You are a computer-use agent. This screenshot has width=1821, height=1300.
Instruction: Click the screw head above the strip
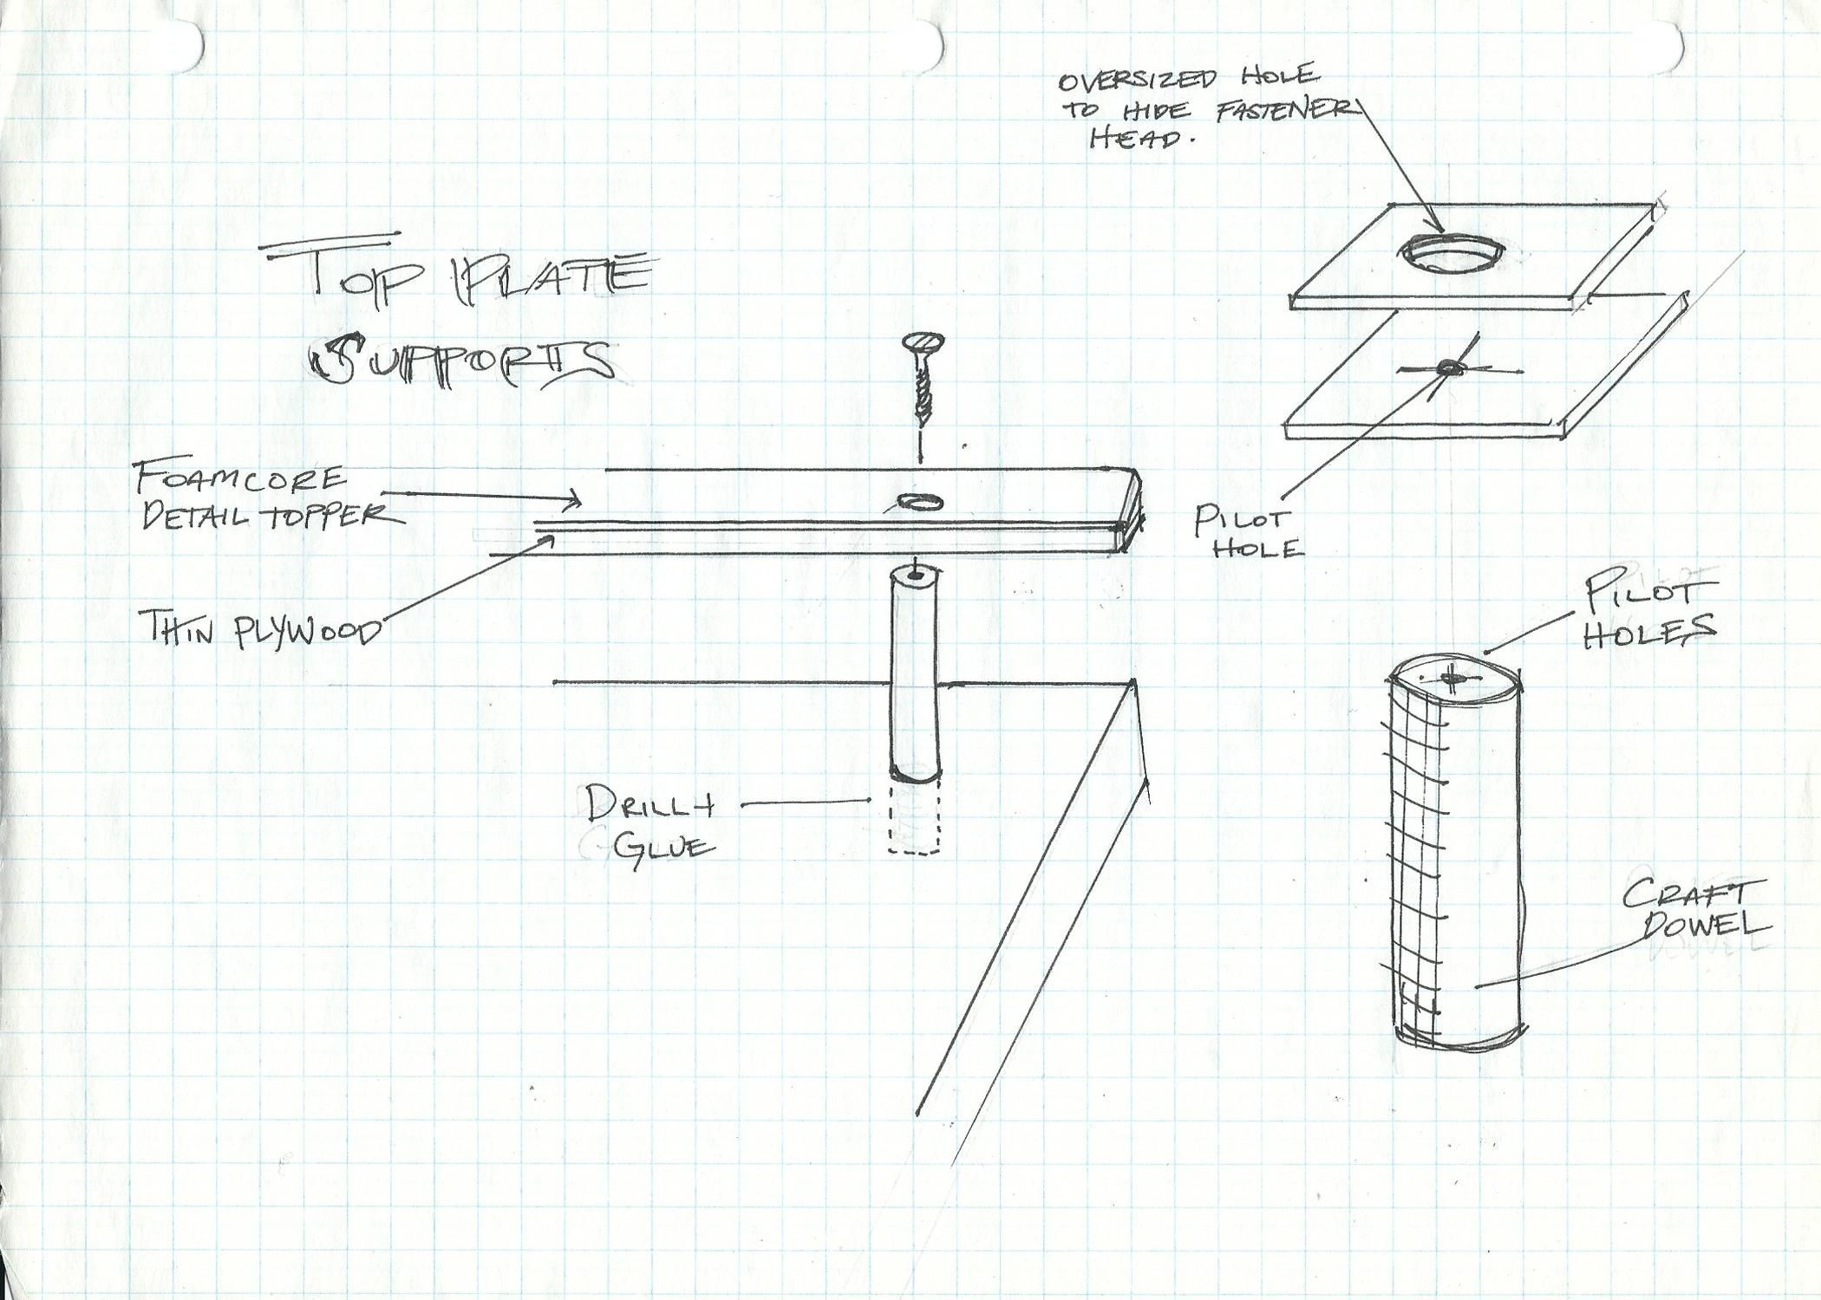[924, 343]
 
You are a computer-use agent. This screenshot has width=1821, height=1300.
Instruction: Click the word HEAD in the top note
[1136, 139]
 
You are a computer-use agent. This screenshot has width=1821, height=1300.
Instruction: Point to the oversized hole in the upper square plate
[1451, 253]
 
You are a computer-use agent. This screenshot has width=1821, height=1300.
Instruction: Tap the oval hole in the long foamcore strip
[921, 501]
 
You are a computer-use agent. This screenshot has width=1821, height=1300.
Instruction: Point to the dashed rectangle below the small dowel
[915, 816]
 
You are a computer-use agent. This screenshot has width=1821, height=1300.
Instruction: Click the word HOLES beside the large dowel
[1649, 631]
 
